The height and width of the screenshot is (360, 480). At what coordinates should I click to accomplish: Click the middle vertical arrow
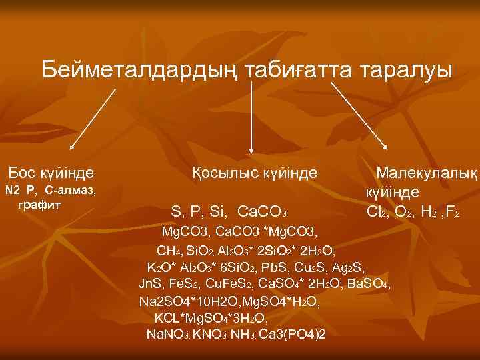click(x=251, y=117)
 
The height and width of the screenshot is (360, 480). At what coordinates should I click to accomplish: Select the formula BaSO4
click(x=369, y=285)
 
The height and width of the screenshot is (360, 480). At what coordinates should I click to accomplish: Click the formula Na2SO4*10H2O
click(x=185, y=301)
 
